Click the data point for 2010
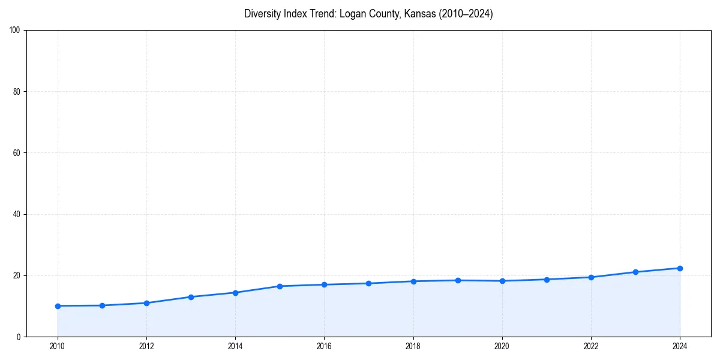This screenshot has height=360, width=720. [x=58, y=306]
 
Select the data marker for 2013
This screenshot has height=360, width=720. [x=191, y=297]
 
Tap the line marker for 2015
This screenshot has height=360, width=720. [x=280, y=286]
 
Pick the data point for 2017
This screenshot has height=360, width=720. [x=368, y=283]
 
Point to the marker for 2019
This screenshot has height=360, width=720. [x=458, y=280]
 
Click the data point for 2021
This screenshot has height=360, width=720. [x=547, y=280]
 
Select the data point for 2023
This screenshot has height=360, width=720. [x=635, y=272]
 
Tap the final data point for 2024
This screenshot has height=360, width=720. [x=680, y=268]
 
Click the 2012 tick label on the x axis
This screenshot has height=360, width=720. [x=146, y=346]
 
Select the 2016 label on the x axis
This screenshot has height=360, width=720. [x=324, y=346]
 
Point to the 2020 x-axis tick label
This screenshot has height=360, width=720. [x=502, y=346]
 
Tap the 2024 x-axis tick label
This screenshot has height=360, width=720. [x=680, y=346]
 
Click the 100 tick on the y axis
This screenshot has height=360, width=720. [x=16, y=31]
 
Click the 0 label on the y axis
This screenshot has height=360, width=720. [x=19, y=337]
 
